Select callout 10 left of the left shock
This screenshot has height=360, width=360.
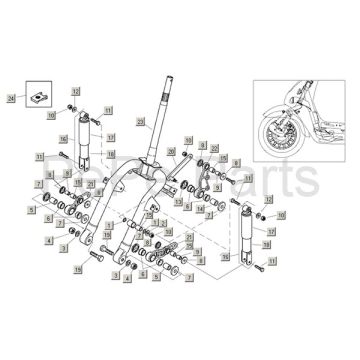click(52, 116)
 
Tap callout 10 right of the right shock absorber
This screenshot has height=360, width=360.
click(281, 215)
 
